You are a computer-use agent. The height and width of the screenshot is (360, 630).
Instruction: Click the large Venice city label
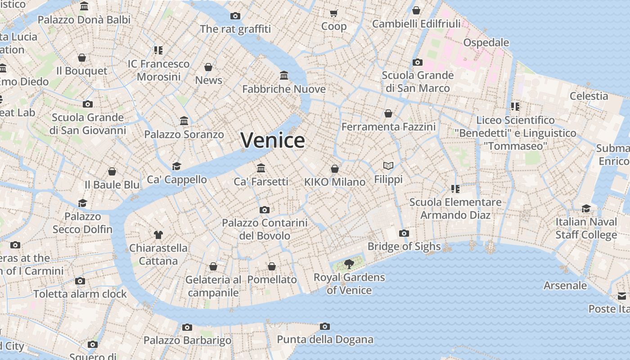pyautogui.click(x=273, y=140)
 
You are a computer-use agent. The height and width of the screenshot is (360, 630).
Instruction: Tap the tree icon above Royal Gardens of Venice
pyautogui.click(x=349, y=264)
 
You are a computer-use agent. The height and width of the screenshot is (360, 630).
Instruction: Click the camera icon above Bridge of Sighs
pyautogui.click(x=404, y=233)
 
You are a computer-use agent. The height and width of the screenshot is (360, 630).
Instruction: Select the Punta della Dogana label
pyautogui.click(x=325, y=339)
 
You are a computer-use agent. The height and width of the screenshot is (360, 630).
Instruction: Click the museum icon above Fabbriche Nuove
pyautogui.click(x=284, y=75)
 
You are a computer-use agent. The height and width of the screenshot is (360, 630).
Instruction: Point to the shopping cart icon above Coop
pyautogui.click(x=334, y=13)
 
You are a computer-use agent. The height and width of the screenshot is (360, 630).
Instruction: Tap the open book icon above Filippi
pyautogui.click(x=388, y=166)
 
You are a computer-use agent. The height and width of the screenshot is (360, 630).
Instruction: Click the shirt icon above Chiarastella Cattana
pyautogui.click(x=158, y=234)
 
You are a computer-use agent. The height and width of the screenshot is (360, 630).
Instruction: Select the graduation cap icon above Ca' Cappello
pyautogui.click(x=176, y=166)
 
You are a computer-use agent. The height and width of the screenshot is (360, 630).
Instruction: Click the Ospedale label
pyautogui.click(x=486, y=43)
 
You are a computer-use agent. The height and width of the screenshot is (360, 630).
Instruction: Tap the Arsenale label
pyautogui.click(x=565, y=285)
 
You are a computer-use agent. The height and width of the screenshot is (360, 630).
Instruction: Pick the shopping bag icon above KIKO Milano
pyautogui.click(x=335, y=169)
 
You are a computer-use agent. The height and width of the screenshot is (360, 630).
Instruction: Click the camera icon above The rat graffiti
pyautogui.click(x=235, y=16)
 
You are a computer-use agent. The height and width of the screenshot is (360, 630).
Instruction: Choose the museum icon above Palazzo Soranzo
pyautogui.click(x=184, y=121)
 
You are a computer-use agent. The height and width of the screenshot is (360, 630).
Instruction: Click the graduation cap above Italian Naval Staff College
pyautogui.click(x=586, y=208)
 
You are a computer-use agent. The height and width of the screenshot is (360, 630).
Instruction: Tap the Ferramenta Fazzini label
pyautogui.click(x=388, y=127)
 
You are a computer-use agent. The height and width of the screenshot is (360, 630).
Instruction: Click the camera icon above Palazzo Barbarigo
pyautogui.click(x=187, y=327)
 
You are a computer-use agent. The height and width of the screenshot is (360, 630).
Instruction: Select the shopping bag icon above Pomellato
pyautogui.click(x=272, y=266)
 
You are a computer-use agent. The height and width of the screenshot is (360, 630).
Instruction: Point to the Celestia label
pyautogui.click(x=589, y=96)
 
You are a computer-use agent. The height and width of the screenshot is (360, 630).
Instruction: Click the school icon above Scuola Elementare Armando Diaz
pyautogui.click(x=455, y=189)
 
